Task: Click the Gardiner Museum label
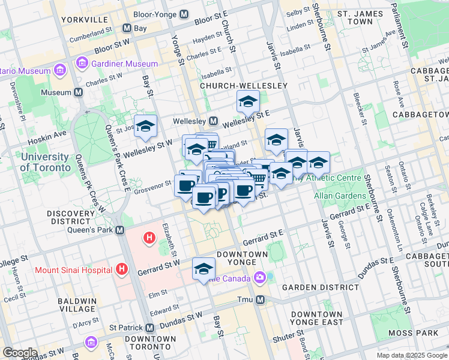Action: point(125,64)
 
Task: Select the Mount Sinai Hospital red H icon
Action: point(123,270)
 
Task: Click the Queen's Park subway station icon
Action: point(120,230)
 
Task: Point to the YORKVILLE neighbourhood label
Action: point(83,20)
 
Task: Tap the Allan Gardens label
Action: point(340,196)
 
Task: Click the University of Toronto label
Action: point(46,162)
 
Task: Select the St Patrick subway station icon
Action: point(149,328)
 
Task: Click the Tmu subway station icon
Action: point(260,299)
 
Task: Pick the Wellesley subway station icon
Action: point(212,121)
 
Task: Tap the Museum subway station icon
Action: point(78,93)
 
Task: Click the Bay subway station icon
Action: point(127,28)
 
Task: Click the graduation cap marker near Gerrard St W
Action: point(203,269)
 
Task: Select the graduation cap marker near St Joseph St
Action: point(145,127)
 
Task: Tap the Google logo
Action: point(20,353)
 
